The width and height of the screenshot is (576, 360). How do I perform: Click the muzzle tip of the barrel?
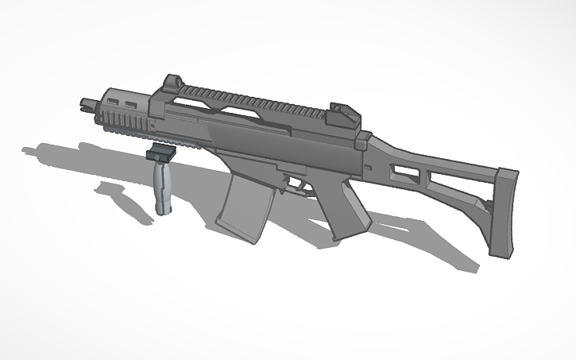[x=85, y=103]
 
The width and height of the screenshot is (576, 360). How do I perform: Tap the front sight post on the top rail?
[x=171, y=83]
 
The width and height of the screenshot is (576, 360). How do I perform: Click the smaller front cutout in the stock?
[x=404, y=169]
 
